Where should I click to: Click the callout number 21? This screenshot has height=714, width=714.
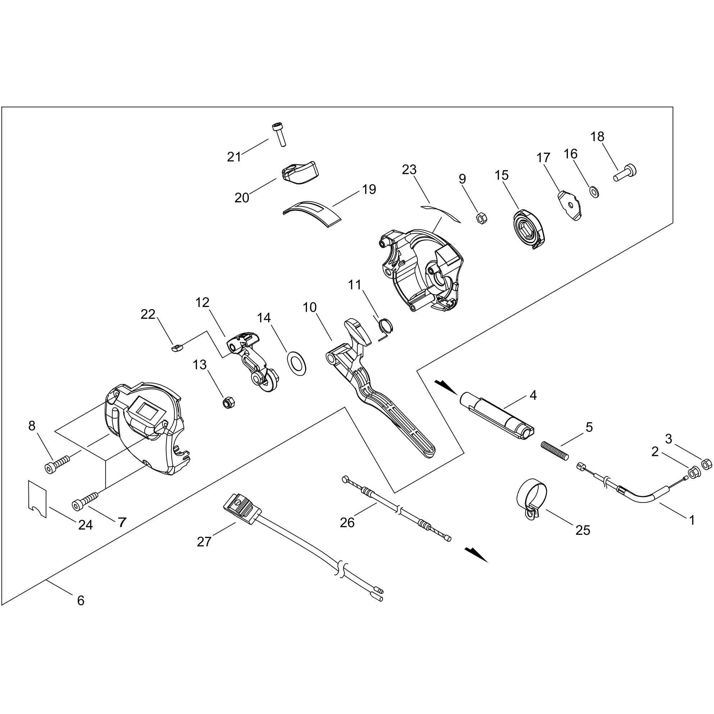(x=234, y=157)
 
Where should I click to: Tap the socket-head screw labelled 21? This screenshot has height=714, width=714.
(x=280, y=135)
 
